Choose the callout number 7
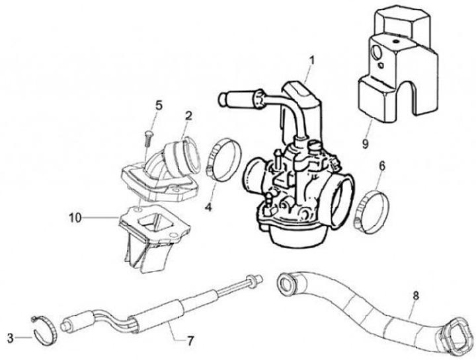(190, 342)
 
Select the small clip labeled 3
(46, 324)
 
